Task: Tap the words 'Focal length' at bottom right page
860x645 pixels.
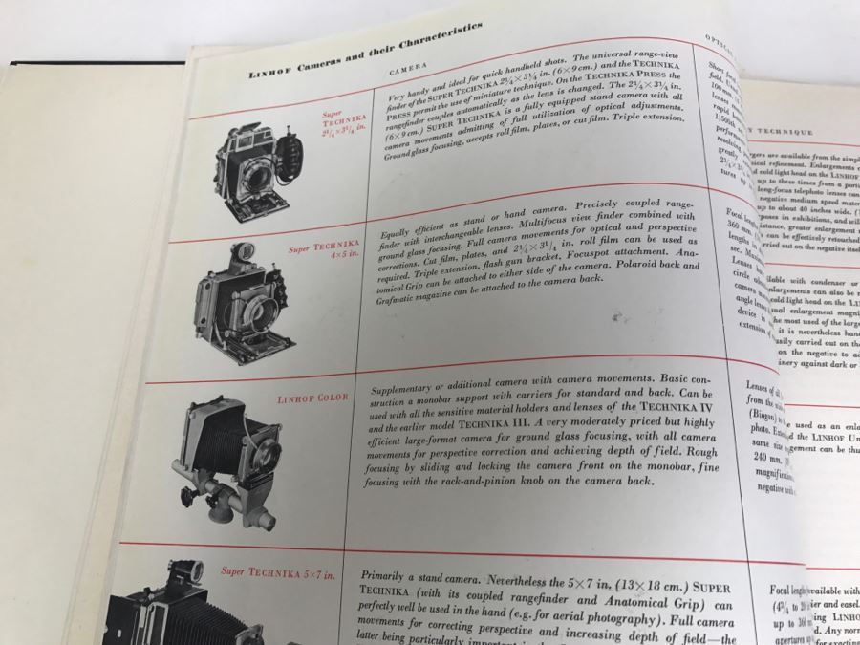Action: pyautogui.click(x=789, y=591)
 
